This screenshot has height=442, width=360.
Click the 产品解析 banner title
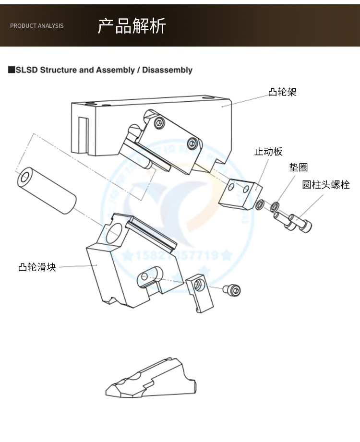click(132, 25)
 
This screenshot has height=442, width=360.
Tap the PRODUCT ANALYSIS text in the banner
click(36, 26)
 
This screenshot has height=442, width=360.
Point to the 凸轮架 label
click(282, 92)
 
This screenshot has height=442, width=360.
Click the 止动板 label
click(268, 152)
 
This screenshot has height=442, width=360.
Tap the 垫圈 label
click(298, 167)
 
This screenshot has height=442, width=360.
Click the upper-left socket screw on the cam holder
click(160, 123)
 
